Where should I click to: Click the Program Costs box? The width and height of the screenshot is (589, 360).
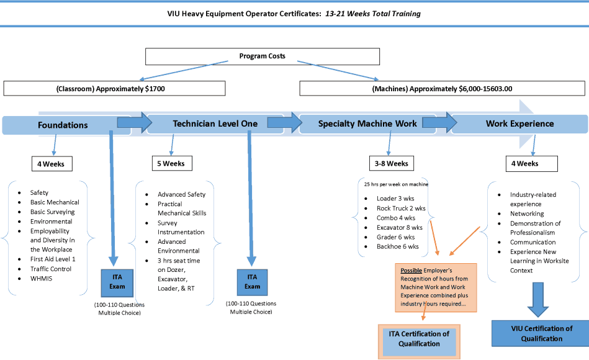pyautogui.click(x=262, y=56)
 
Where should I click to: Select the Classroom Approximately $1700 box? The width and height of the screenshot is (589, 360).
pyautogui.click(x=115, y=88)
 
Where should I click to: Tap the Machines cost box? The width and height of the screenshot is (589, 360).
pyautogui.click(x=442, y=88)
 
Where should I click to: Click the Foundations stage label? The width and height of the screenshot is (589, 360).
pyautogui.click(x=63, y=125)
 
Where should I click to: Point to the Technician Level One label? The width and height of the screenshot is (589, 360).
pyautogui.click(x=215, y=124)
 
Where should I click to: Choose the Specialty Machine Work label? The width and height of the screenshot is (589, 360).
pyautogui.click(x=367, y=124)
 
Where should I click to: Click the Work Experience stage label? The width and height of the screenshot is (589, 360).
pyautogui.click(x=519, y=124)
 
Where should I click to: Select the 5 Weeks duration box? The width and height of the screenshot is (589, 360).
pyautogui.click(x=172, y=163)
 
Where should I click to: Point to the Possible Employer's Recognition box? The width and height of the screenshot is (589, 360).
pyautogui.click(x=436, y=287)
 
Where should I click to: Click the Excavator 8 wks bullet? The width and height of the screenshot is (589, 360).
pyautogui.click(x=400, y=228)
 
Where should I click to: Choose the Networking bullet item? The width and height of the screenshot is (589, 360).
pyautogui.click(x=527, y=214)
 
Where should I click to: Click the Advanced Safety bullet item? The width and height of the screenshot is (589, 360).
pyautogui.click(x=181, y=194)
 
